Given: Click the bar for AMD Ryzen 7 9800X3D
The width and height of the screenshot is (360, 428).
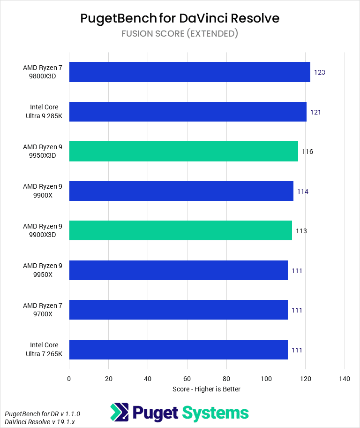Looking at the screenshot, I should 189,72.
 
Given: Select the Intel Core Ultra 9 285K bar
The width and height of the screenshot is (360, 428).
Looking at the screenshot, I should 187,112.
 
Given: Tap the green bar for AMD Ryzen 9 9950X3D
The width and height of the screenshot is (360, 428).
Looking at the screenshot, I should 183,152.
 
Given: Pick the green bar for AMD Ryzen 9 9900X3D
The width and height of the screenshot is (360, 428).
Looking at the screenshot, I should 180,230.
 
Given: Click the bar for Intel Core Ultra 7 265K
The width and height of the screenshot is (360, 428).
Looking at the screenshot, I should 178,350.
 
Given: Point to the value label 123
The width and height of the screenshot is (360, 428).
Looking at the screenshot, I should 320,73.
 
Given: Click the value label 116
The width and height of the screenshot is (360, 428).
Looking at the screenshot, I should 307,152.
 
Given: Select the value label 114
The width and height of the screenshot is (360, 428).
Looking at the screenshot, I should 302,191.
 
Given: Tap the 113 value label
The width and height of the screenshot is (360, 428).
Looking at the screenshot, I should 301,231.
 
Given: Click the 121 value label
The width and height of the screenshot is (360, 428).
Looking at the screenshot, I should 315,112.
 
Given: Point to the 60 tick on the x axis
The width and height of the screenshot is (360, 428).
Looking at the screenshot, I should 187,379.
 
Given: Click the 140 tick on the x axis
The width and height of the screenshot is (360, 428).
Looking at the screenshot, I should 345,379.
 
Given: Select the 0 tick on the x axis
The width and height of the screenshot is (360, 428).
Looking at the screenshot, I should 69,379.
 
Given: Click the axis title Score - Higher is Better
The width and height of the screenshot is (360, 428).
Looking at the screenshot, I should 206,389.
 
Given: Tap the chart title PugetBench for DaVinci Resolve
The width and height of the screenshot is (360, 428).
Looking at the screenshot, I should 180,18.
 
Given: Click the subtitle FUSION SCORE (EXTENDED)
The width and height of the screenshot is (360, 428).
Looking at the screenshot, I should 180,33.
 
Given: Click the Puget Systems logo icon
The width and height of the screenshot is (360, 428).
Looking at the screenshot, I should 119,413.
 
